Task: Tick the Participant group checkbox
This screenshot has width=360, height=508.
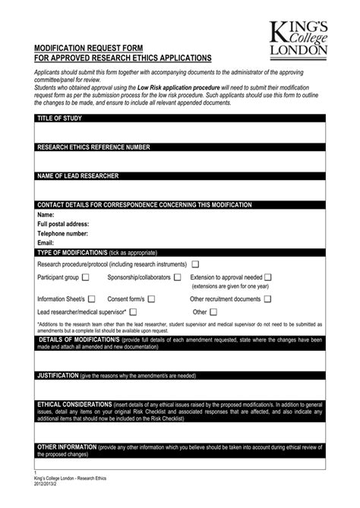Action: (85, 278)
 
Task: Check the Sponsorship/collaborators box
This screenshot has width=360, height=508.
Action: (178, 278)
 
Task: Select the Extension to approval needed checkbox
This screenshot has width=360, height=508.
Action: (268, 278)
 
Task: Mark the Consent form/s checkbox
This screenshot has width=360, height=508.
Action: (151, 299)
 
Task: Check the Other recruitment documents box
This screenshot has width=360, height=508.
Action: (267, 299)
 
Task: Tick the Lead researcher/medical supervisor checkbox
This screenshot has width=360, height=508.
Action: (133, 312)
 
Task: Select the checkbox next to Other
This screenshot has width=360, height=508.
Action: (213, 312)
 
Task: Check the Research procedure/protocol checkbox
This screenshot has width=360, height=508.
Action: (195, 264)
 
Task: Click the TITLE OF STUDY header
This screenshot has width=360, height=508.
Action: (59, 118)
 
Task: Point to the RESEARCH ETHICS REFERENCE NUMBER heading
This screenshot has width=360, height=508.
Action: (93, 147)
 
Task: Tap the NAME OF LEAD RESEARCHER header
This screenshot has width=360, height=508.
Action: (77, 176)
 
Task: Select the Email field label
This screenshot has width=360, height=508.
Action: (46, 243)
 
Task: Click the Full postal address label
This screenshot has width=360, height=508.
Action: (63, 225)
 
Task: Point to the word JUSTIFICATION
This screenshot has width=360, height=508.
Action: (58, 376)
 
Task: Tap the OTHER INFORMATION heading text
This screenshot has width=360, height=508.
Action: (67, 447)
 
